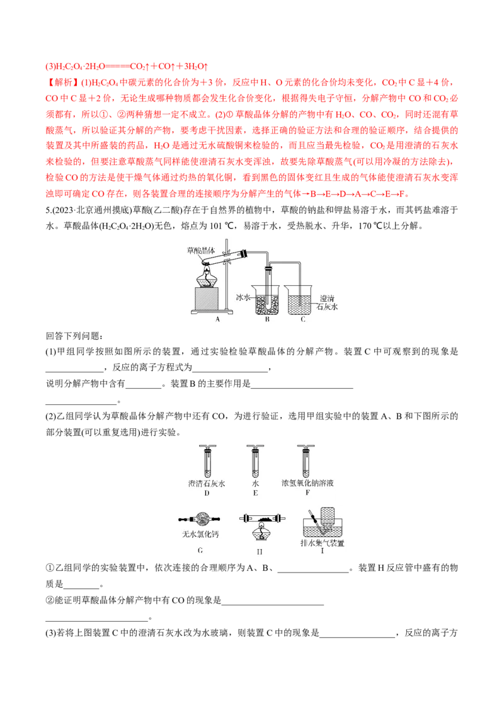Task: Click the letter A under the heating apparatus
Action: tap(217, 319)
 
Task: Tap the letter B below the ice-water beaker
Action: tap(267, 319)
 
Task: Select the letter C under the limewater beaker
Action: tap(303, 319)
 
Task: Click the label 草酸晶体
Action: tap(200, 251)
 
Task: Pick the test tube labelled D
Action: tap(206, 463)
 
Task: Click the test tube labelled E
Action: tap(255, 463)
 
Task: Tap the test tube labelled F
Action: tap(304, 463)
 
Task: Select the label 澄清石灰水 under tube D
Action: tap(206, 484)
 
